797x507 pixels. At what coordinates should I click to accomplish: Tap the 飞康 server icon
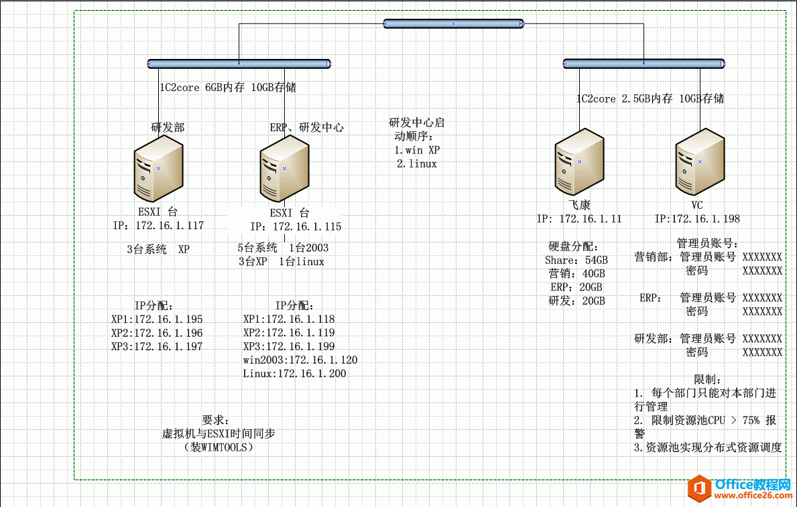pyautogui.click(x=580, y=164)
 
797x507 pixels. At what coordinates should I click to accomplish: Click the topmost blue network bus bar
pyautogui.click(x=454, y=23)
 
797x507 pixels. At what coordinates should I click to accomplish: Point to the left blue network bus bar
pyautogui.click(x=239, y=64)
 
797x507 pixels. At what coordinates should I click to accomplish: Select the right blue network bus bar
pyautogui.click(x=643, y=64)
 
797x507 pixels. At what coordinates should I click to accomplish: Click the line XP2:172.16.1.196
pyautogui.click(x=157, y=333)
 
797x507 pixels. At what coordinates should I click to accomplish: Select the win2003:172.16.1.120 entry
pyautogui.click(x=300, y=360)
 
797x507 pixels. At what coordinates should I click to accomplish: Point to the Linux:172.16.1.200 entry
pyautogui.click(x=294, y=374)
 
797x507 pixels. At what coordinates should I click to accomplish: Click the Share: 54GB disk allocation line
pyautogui.click(x=576, y=260)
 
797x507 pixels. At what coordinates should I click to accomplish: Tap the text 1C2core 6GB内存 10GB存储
pyautogui.click(x=228, y=87)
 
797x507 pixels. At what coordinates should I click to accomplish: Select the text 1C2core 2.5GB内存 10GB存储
pyautogui.click(x=650, y=98)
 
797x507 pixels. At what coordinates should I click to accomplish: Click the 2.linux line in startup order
pyautogui.click(x=416, y=163)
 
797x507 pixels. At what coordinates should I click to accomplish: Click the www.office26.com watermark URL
pyautogui.click(x=754, y=495)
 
